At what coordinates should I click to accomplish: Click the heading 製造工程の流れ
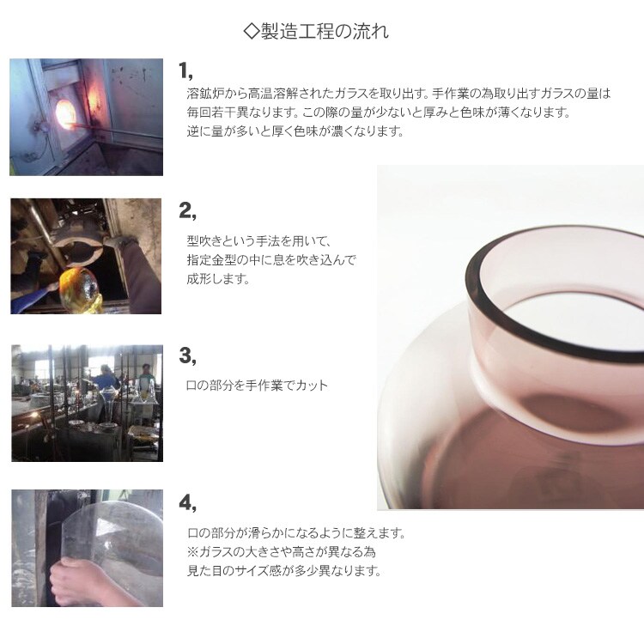coord(325,32)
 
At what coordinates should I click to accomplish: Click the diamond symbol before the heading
coord(251,32)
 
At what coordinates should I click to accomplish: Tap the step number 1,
coord(186,70)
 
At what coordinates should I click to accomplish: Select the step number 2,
coord(188,211)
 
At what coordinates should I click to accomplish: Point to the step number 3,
coord(188,355)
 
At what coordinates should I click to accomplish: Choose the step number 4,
coord(188,502)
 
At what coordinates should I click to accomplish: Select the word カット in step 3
coord(312,386)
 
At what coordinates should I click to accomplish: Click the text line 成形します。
coord(218,279)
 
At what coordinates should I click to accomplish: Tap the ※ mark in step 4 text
coord(192,551)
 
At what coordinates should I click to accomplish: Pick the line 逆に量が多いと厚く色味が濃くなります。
coord(295,131)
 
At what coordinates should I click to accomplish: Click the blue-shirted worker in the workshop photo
coord(106,379)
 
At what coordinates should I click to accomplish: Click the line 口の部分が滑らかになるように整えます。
coord(296,532)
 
